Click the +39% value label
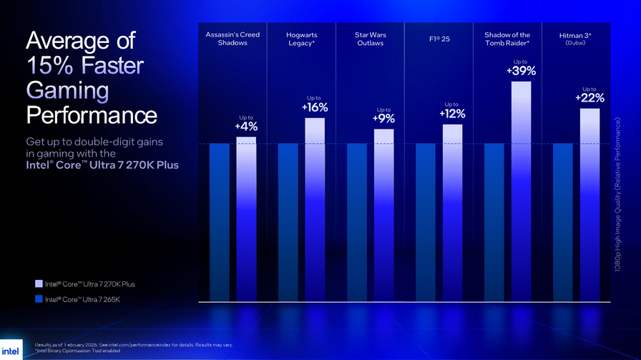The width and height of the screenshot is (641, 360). tap(521, 71)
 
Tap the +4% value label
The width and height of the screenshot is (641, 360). tap(246, 127)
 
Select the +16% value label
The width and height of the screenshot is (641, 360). tap(315, 108)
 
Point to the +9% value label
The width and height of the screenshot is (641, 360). tap(383, 120)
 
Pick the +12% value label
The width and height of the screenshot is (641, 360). tap(452, 114)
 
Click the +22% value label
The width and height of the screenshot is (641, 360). tap(589, 98)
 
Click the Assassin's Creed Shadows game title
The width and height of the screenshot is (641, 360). tap(233, 39)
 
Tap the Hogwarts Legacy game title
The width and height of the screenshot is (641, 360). tap(301, 39)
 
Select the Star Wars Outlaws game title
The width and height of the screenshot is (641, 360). tap(370, 39)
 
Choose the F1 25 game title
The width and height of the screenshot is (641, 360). tap(439, 39)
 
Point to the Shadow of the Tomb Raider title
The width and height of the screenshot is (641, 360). tap(507, 39)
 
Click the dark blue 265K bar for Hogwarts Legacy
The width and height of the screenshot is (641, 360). tap(288, 222)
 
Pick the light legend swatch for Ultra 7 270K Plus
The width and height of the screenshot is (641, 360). tap(38, 284)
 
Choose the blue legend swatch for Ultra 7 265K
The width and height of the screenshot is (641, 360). tap(38, 300)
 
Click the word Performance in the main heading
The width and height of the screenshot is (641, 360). tap(92, 115)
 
